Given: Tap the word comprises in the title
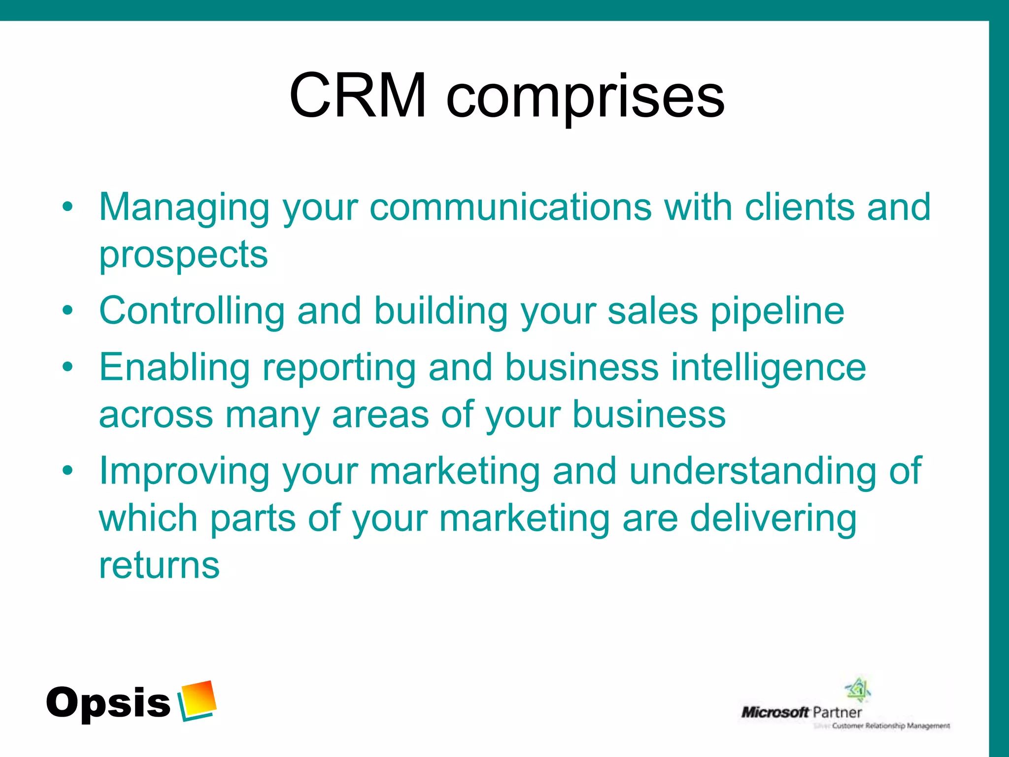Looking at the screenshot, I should coord(585,99).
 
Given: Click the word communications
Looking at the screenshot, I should coord(510,207).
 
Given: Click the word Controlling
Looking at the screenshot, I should coord(192,311).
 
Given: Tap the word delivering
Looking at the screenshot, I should coord(773,519).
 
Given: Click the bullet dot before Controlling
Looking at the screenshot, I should coord(67,311).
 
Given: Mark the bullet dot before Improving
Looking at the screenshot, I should coord(67,471).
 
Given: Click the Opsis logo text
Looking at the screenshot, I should coord(108,703).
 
